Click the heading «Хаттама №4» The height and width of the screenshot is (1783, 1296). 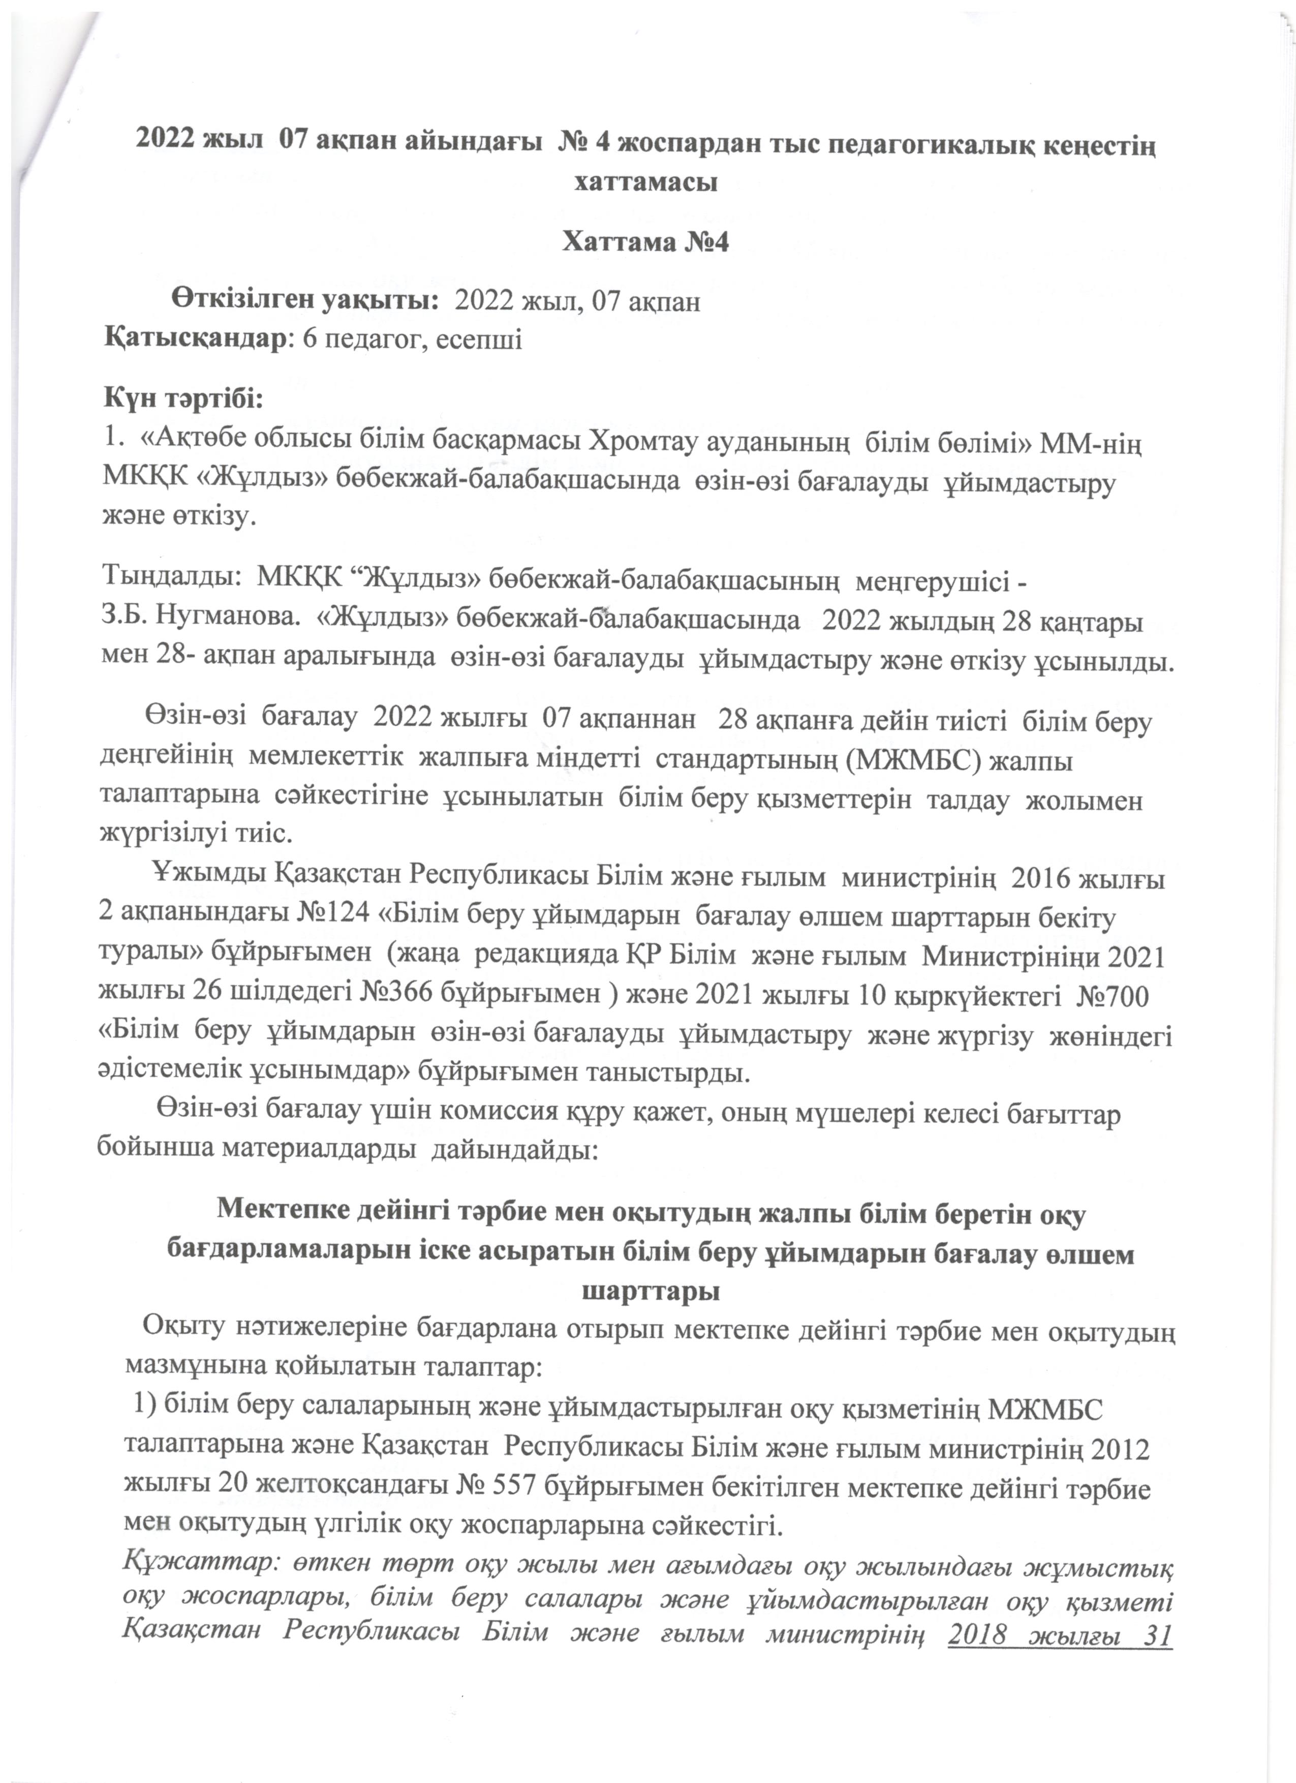coord(646,243)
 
